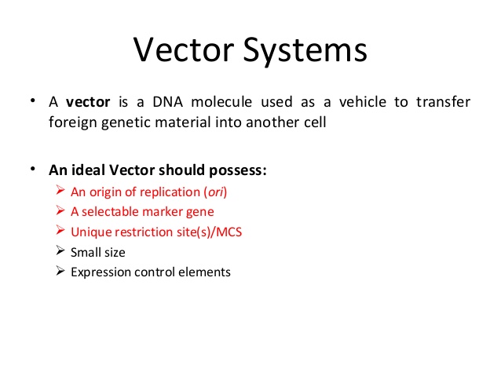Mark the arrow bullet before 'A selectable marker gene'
(62, 210)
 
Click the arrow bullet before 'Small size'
(62, 251)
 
